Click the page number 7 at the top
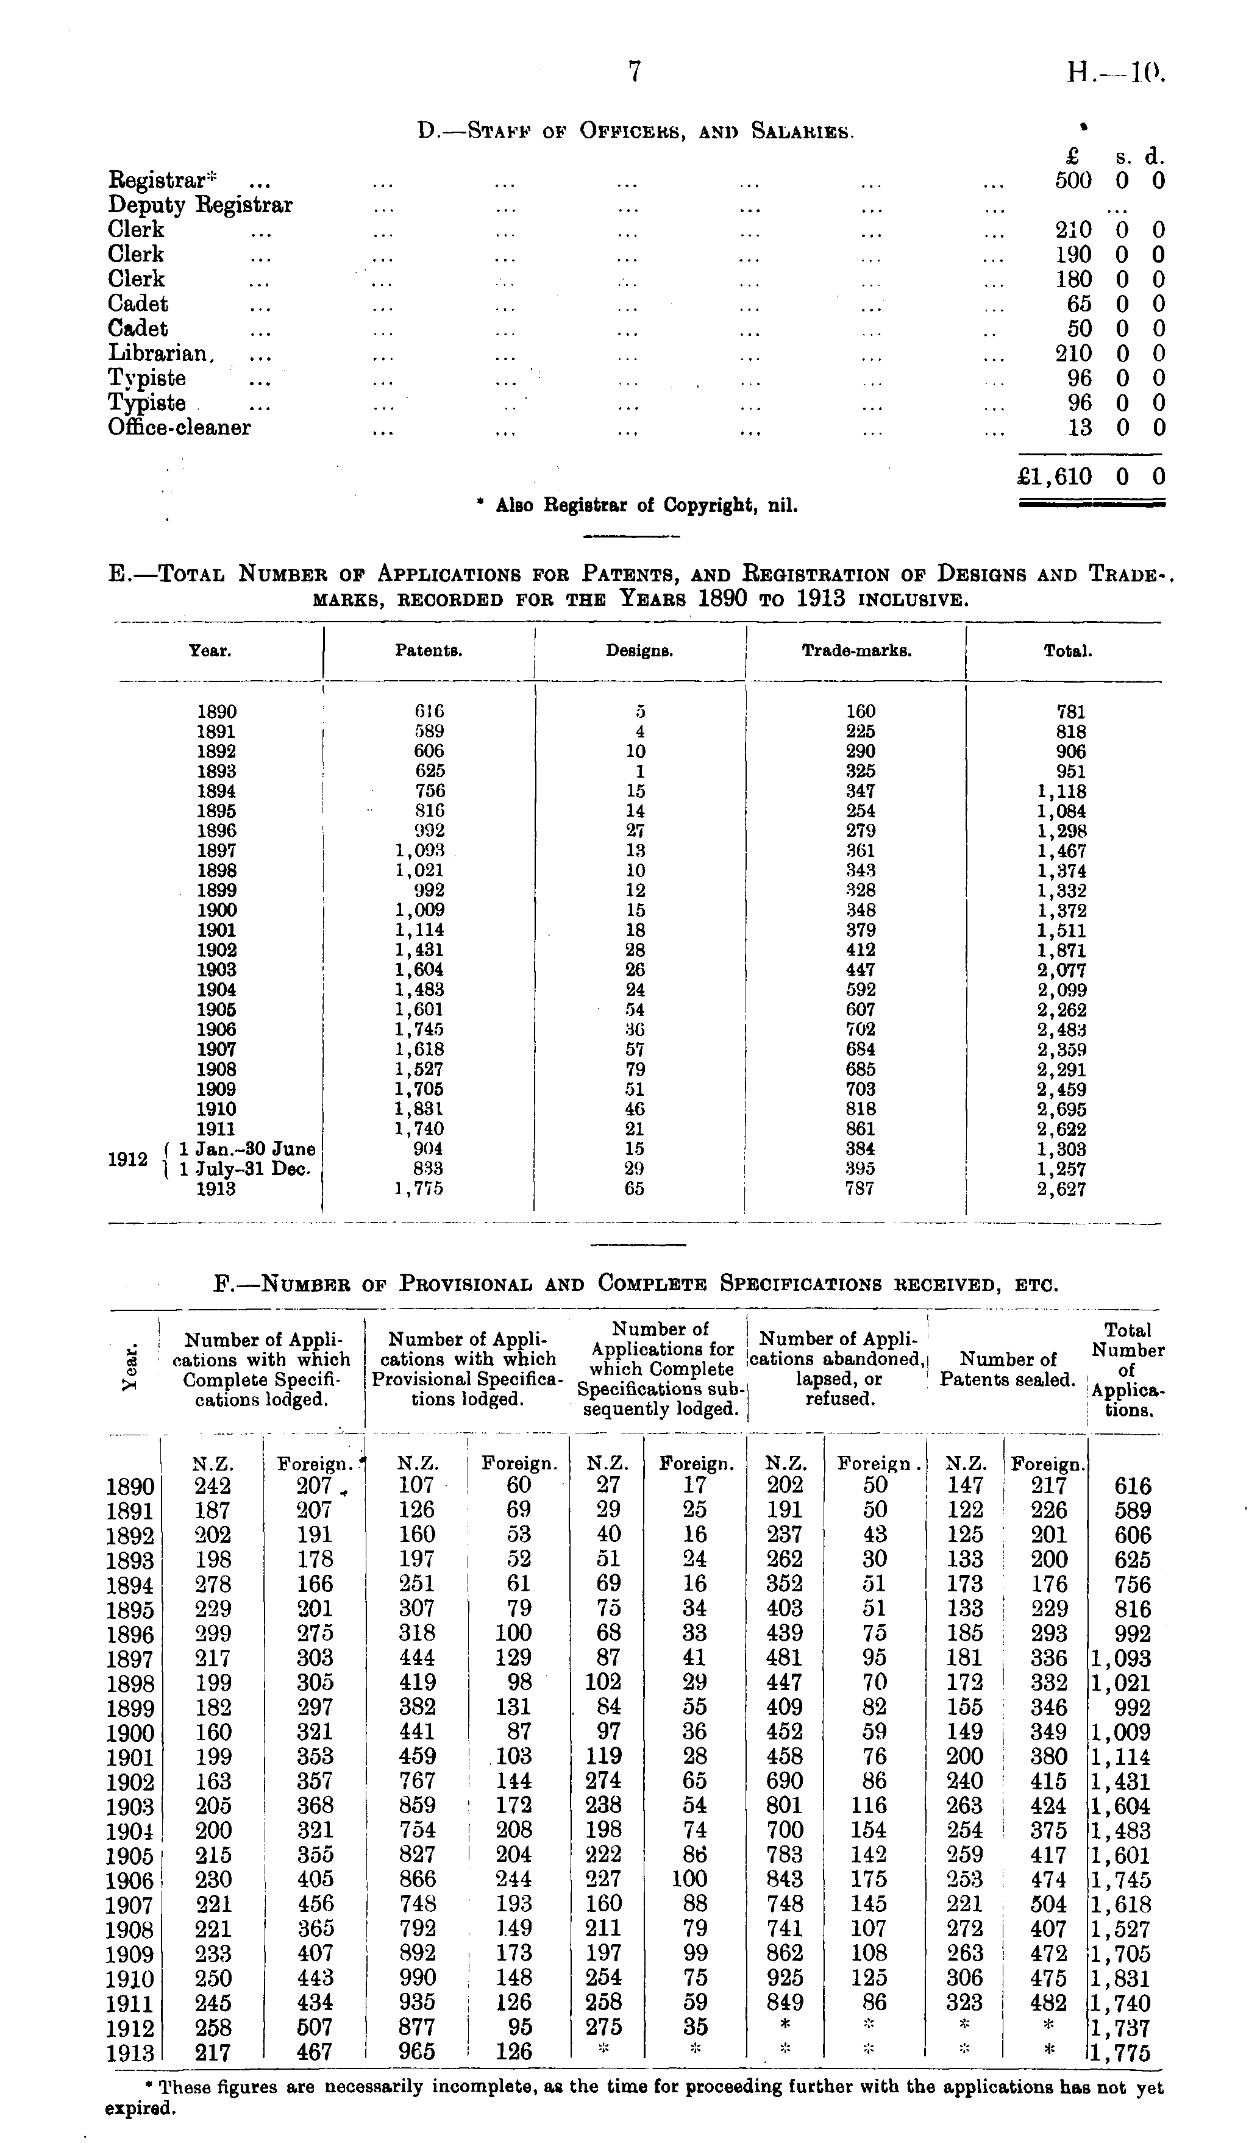pos(634,73)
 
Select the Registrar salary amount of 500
pos(1074,180)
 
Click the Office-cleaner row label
pos(179,427)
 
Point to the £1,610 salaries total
pos(1056,477)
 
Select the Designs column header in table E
pos(640,651)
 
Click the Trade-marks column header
pos(857,651)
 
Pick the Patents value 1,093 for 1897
pos(419,851)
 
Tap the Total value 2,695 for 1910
pos(1062,1109)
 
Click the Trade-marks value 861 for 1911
pos(860,1129)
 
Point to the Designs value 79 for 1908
pos(635,1069)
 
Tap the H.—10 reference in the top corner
pos(1116,74)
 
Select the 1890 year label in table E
pos(217,711)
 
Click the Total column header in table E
pos(1068,651)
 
